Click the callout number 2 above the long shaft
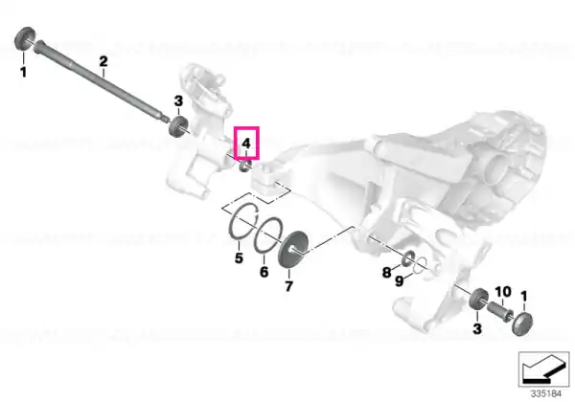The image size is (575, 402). pos(103,61)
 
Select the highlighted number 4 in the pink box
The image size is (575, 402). pos(246,143)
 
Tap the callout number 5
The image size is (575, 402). pos(239,258)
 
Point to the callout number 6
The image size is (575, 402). pos(264,272)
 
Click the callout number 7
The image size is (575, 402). pos(289,286)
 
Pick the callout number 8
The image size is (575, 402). pos(386,273)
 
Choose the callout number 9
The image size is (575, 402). pos(399,281)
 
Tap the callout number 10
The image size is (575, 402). pos(503,292)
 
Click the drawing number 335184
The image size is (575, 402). pos(546,394)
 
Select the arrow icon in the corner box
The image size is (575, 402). pos(543,369)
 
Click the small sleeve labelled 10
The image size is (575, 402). pos(498,310)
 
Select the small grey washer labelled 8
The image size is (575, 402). pos(408,258)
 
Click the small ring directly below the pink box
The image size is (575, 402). pos(245,166)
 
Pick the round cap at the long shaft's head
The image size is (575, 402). pos(24,37)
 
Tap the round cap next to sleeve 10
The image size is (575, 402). pos(522,324)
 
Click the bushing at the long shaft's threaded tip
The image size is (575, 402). pos(178,126)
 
